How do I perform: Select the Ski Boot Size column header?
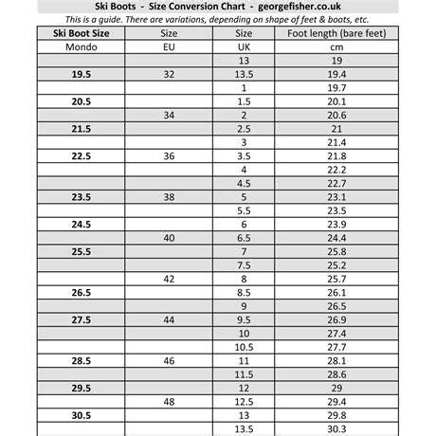click(81, 32)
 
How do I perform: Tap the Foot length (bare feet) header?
click(336, 32)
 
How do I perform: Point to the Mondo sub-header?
click(81, 45)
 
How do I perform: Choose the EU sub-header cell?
click(169, 45)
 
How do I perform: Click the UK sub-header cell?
click(244, 45)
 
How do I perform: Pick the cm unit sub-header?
click(336, 45)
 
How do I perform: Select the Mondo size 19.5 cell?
click(81, 73)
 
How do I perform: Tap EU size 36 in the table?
click(169, 155)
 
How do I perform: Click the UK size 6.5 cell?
click(244, 238)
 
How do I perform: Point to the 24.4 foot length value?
click(336, 238)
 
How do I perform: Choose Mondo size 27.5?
click(81, 320)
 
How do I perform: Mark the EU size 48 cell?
click(169, 402)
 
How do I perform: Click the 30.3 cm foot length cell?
click(336, 429)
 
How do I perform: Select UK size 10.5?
click(244, 348)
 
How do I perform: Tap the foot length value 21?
click(336, 128)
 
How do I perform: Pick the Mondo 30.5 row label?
click(81, 416)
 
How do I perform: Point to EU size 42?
click(169, 280)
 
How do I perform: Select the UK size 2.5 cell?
click(244, 128)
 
